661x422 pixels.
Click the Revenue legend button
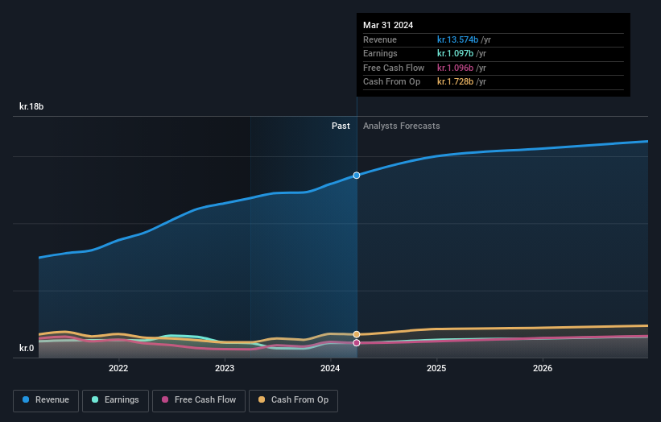pos(46,400)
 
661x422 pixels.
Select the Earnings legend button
pos(115,400)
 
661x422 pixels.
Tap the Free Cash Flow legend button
pos(199,400)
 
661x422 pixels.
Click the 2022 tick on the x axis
pos(118,369)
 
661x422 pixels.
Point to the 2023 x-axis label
pos(225,369)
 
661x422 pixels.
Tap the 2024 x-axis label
pos(330,369)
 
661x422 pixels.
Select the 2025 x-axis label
pos(436,369)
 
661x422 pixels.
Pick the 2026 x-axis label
pos(543,369)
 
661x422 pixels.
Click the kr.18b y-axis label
pos(32,106)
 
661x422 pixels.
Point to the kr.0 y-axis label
pos(27,348)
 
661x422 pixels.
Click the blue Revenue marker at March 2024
pos(357,175)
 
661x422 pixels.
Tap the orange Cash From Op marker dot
pos(357,334)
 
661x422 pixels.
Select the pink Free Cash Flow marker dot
pos(357,343)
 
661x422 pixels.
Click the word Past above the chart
pos(341,126)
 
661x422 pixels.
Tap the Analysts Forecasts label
pos(401,126)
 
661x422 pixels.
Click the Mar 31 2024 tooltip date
pos(388,25)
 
